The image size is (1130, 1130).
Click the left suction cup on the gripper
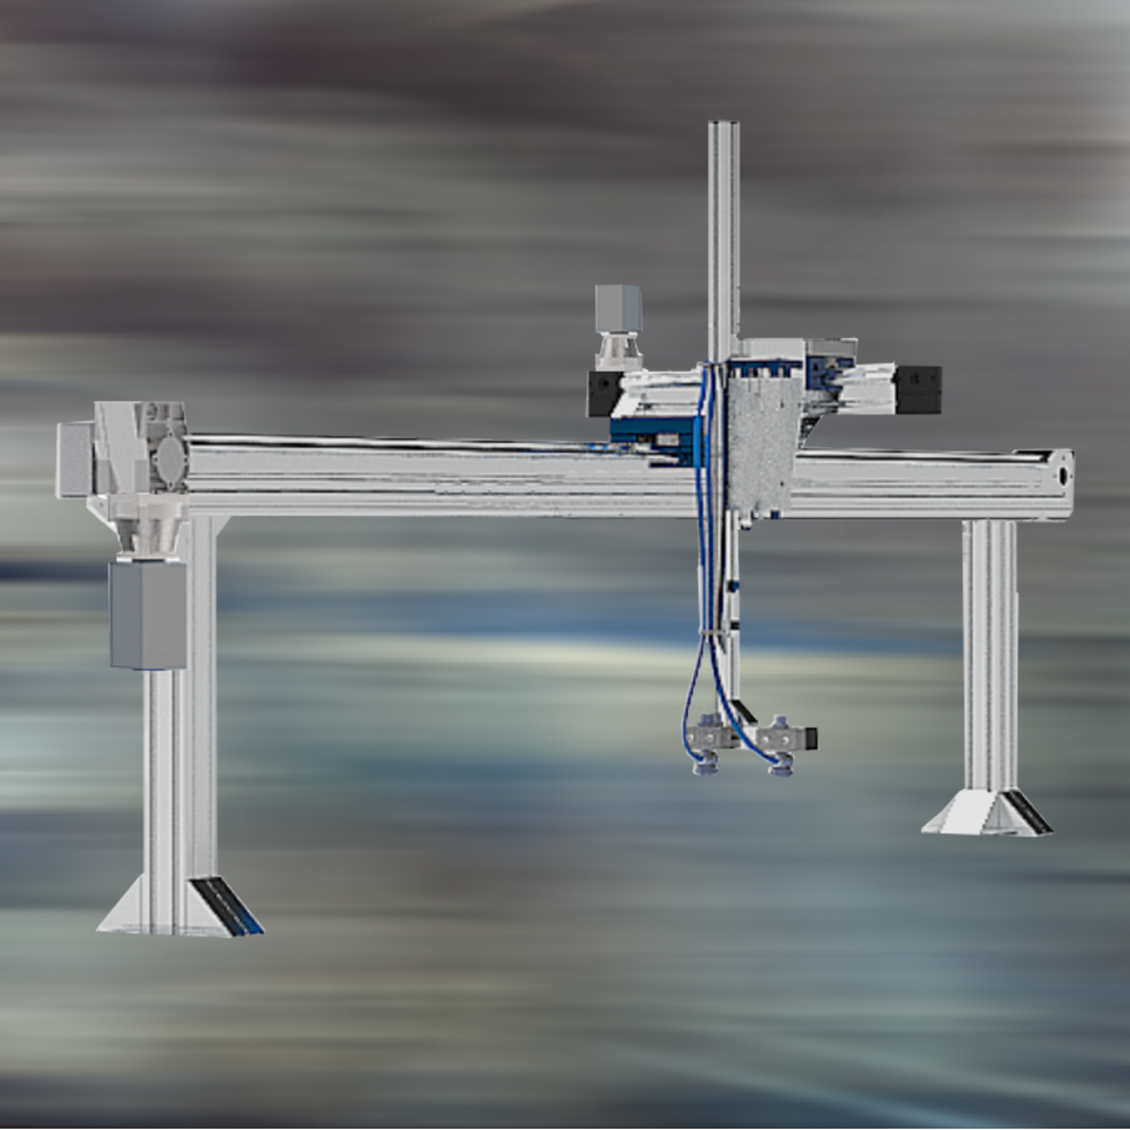coord(706,766)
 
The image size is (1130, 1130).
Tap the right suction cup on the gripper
coord(780,767)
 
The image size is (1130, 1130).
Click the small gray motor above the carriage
coord(618,309)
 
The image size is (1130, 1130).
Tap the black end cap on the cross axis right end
coord(918,389)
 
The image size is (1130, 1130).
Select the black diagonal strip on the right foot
coord(1029,812)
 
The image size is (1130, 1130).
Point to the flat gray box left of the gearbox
coord(73,459)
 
